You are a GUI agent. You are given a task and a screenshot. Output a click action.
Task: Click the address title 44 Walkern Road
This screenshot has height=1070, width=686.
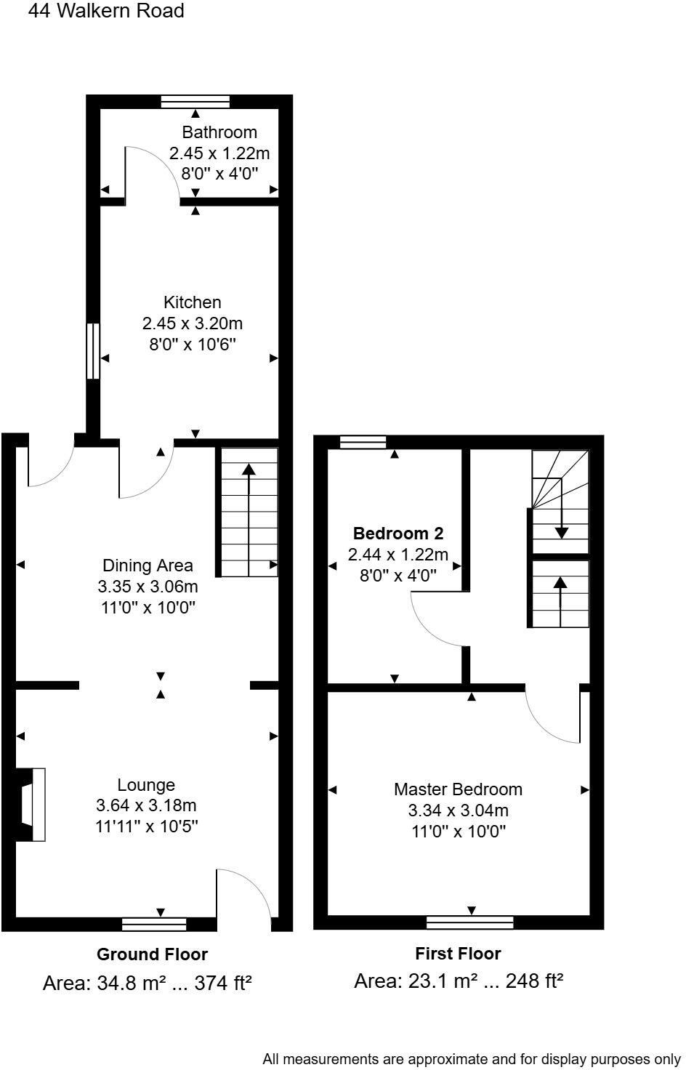(x=106, y=11)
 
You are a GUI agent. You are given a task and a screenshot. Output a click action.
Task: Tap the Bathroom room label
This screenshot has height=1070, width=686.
(x=219, y=132)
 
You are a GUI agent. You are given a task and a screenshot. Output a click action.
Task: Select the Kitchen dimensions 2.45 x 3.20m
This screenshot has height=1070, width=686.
(x=193, y=323)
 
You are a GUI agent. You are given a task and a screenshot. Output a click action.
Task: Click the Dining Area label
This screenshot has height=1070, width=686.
(x=148, y=566)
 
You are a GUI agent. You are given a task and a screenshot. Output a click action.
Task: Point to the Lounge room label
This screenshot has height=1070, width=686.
(x=146, y=785)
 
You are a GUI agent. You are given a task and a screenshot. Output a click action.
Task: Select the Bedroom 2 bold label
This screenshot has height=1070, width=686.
(x=398, y=533)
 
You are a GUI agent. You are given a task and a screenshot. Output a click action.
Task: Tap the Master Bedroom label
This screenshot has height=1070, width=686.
(x=458, y=789)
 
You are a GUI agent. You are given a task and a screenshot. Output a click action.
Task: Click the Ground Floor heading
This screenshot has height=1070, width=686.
(x=152, y=954)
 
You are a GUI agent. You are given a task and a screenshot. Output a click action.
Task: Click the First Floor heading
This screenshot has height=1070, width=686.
(x=458, y=954)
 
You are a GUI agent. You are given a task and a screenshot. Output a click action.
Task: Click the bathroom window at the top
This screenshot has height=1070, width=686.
(x=195, y=101)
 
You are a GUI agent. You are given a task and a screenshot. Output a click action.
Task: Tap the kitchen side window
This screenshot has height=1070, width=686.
(x=92, y=351)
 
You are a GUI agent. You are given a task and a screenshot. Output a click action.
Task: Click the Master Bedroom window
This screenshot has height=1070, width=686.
(x=470, y=922)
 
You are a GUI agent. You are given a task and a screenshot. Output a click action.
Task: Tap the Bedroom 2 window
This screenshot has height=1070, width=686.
(x=363, y=441)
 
